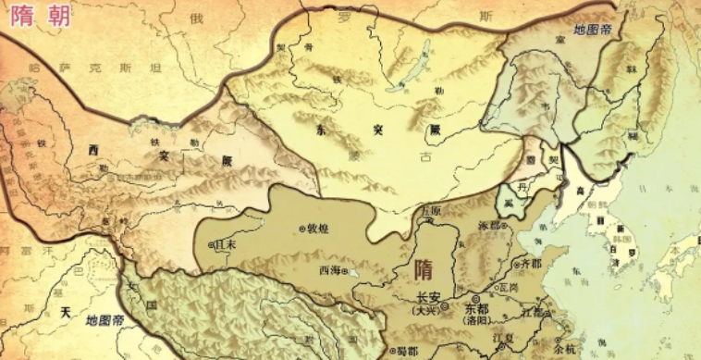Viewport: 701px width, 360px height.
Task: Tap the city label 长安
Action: [x=428, y=298]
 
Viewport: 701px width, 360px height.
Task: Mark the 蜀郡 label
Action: [x=406, y=351]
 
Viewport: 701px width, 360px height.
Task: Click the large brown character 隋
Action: [x=422, y=267]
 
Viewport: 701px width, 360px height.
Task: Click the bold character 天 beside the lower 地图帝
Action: [x=66, y=314]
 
